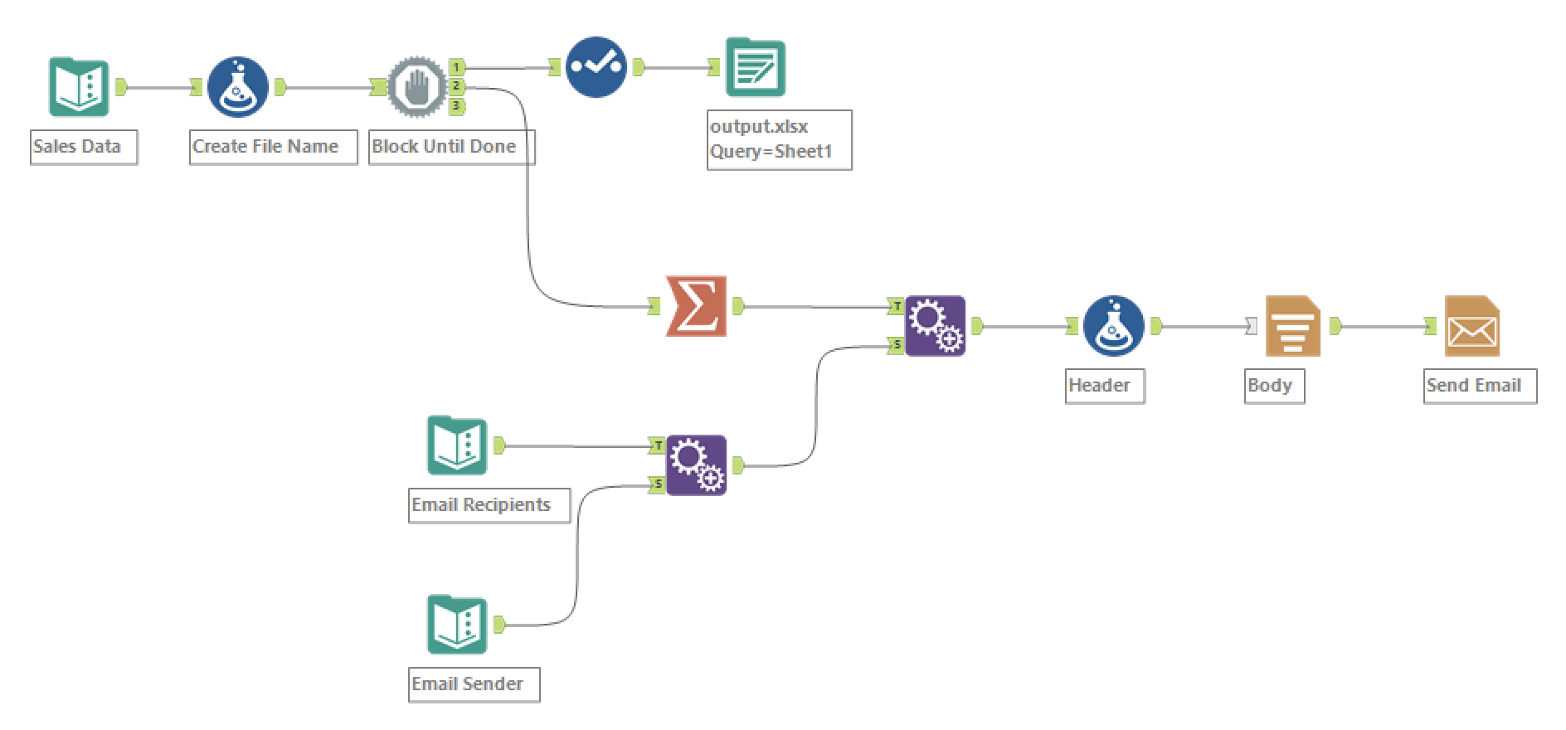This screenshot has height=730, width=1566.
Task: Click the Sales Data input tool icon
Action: (79, 87)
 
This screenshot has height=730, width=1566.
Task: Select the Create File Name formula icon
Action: (237, 87)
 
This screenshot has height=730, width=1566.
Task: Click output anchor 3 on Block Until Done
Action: (456, 106)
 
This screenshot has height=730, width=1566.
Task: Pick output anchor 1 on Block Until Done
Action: (456, 67)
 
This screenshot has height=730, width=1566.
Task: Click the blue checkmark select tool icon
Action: (596, 67)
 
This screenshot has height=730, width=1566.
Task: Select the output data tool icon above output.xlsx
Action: (755, 67)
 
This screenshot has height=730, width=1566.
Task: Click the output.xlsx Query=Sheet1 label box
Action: (779, 139)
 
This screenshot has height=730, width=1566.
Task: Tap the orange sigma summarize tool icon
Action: (696, 306)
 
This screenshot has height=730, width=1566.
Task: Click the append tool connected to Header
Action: (935, 326)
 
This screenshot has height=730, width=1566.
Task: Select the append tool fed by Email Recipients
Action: (696, 465)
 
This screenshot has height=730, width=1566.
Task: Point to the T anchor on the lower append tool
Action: (658, 446)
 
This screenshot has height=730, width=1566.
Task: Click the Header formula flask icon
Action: (1113, 326)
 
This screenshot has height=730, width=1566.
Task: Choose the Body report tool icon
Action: (1292, 326)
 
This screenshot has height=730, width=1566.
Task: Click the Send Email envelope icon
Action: (1471, 326)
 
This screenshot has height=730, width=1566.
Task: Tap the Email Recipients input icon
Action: (457, 445)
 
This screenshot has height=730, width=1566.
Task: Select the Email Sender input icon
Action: (457, 625)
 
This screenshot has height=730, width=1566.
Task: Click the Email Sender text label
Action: (468, 684)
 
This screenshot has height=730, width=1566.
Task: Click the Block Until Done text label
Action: (444, 147)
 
